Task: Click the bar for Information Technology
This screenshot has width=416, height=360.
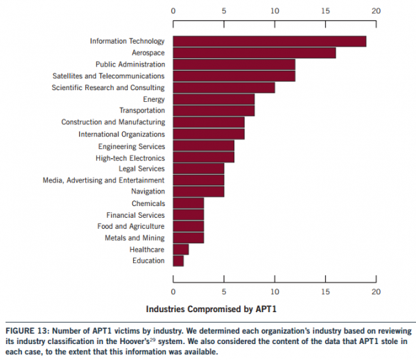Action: tap(269, 42)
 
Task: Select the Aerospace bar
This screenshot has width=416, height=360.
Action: tap(254, 53)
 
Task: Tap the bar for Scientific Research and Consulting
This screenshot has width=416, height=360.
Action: tap(223, 87)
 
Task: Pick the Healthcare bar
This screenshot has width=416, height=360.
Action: tap(180, 249)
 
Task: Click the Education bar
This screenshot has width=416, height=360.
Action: tap(178, 261)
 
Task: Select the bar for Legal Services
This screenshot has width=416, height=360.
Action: tap(198, 169)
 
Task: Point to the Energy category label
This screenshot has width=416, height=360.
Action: tap(153, 99)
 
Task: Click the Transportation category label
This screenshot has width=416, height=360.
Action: tap(141, 110)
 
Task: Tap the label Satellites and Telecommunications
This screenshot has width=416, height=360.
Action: tap(108, 76)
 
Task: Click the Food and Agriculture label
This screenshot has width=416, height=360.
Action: tap(130, 226)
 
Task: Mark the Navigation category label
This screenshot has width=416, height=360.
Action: tap(148, 191)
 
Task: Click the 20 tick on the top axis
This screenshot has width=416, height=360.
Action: tap(376, 11)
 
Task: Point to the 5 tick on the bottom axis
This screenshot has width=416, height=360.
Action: tap(224, 292)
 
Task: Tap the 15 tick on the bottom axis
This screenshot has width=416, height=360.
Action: tap(325, 292)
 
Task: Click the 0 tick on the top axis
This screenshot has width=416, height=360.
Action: tap(173, 11)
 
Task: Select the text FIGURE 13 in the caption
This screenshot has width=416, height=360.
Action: tap(27, 331)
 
